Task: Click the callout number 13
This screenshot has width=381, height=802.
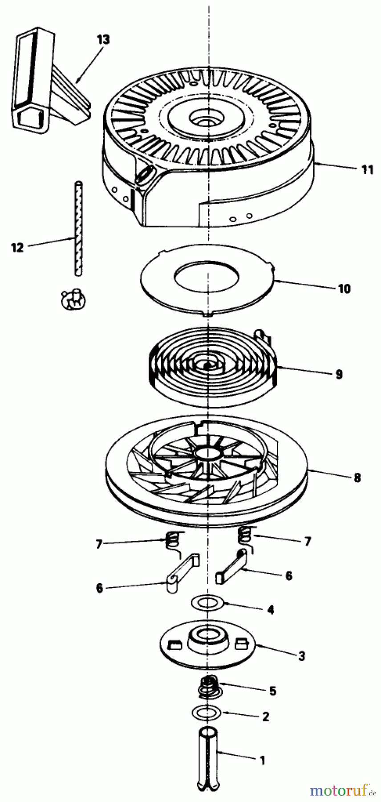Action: [x=103, y=40]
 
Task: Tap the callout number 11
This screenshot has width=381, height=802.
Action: [x=367, y=170]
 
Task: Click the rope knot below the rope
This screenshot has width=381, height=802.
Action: [x=73, y=298]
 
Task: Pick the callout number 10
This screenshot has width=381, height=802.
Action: [x=344, y=288]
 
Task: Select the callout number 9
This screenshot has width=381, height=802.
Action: [x=339, y=374]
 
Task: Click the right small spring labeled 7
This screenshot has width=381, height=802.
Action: [x=245, y=534]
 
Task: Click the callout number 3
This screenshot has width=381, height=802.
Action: [x=302, y=656]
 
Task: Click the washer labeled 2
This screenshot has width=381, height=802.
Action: [x=207, y=712]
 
